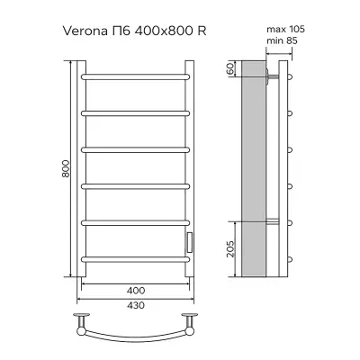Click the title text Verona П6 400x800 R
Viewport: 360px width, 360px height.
coord(134,31)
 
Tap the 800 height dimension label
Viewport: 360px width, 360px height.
coord(66,168)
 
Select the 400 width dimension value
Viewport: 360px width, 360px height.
coord(136,291)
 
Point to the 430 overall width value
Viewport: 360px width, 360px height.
coord(136,305)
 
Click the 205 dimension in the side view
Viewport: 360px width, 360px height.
coord(230,248)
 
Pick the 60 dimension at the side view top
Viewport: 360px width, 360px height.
coord(230,68)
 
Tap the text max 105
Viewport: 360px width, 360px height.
coord(285,29)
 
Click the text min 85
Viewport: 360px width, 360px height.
coord(282,40)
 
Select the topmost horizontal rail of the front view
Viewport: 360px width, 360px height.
coord(136,76)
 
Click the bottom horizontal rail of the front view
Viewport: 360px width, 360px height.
coord(136,259)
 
